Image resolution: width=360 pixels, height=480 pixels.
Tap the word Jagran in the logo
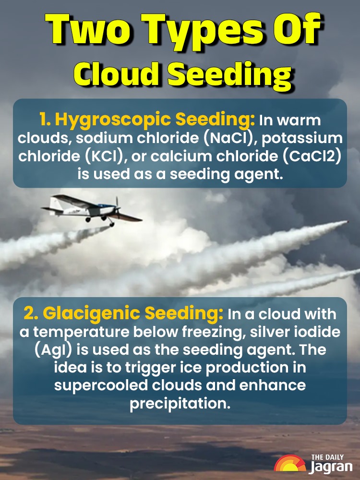click(332, 466)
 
